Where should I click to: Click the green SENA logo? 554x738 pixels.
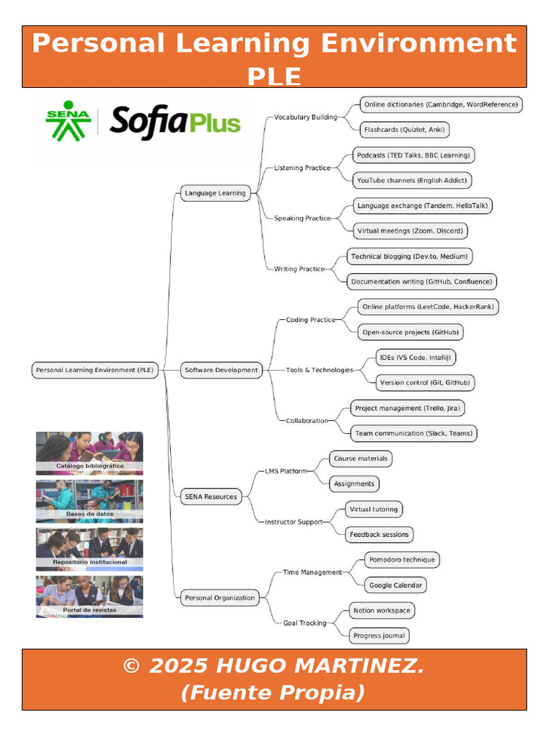click(69, 121)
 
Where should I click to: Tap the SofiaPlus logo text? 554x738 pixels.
click(175, 122)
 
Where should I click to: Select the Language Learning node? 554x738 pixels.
click(215, 193)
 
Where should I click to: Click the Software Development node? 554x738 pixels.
click(221, 370)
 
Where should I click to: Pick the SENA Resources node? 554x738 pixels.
click(211, 497)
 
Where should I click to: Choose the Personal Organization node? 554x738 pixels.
click(219, 597)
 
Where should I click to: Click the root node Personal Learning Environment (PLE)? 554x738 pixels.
click(94, 370)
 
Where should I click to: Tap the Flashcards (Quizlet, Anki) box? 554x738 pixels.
click(404, 130)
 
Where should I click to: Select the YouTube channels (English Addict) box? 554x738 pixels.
click(412, 180)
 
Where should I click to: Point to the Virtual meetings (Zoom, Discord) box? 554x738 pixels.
click(410, 231)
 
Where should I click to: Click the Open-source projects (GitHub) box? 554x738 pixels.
click(410, 332)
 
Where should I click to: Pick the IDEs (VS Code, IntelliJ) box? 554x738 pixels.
click(415, 357)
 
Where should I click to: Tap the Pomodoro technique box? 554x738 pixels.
click(402, 559)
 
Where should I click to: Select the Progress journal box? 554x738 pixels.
click(379, 636)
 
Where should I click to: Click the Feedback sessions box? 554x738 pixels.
click(379, 535)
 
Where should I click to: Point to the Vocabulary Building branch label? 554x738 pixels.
click(306, 117)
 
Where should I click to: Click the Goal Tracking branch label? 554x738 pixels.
click(305, 623)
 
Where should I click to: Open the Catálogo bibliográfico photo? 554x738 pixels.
click(89, 453)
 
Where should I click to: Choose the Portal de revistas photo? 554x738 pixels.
click(89, 597)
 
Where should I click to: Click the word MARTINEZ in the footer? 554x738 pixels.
click(359, 665)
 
